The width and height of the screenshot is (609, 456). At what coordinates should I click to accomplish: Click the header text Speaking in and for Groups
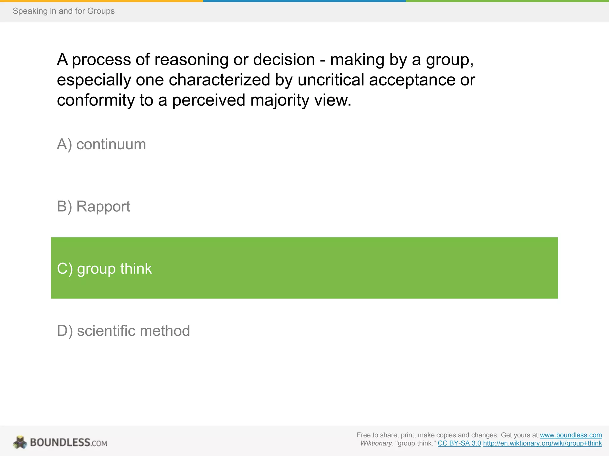[64, 11]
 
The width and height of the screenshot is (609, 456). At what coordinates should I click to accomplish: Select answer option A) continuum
[101, 145]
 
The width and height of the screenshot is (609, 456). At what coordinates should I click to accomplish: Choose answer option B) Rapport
[93, 206]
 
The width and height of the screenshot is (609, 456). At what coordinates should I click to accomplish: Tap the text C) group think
[104, 269]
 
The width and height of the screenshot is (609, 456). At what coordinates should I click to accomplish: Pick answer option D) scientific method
[123, 331]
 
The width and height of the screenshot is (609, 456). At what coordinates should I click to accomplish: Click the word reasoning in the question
[191, 60]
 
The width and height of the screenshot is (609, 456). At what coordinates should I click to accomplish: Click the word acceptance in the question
[412, 80]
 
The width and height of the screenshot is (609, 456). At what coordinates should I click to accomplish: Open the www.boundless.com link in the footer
[571, 435]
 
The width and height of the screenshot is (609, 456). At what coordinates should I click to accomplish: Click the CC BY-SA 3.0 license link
[459, 443]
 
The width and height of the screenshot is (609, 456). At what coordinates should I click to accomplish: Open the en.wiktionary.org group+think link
[542, 443]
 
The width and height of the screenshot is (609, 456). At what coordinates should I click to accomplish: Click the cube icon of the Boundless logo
[20, 442]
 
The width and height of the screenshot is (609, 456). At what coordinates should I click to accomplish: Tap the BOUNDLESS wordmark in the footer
[60, 442]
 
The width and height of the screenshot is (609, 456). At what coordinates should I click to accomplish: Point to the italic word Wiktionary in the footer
[376, 443]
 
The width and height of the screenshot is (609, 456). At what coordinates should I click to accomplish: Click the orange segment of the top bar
[101, 1]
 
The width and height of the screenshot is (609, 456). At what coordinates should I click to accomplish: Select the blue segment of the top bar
[304, 1]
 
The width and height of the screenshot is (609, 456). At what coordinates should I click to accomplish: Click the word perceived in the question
[209, 100]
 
